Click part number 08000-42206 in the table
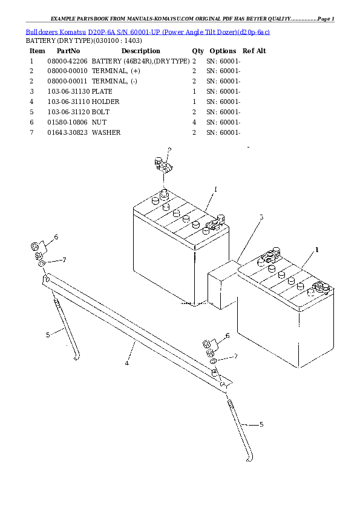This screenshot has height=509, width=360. pos(67,61)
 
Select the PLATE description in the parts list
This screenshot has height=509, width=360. pos(102,91)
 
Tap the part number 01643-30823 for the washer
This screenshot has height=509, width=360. pos(67,132)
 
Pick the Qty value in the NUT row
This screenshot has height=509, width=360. pos(194,122)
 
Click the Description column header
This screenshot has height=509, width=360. pos(140,51)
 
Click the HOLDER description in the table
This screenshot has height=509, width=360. pos(105,102)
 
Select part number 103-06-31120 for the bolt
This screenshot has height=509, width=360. pos(67,112)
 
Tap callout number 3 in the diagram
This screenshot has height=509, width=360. pos(261,216)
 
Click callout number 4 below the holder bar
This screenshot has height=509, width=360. pos(126,363)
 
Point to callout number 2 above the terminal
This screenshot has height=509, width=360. pos(169,149)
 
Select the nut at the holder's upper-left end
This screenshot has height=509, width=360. pos(36,247)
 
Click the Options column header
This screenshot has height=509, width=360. pos(222,51)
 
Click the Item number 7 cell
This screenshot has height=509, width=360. pos(31,132)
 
